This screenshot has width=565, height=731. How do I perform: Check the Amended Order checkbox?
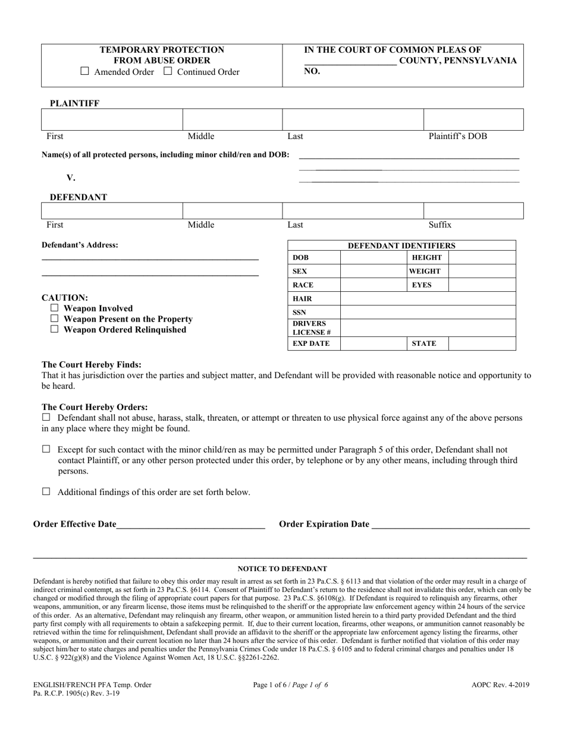coord(84,71)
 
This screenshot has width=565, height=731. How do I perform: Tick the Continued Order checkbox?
coord(168,71)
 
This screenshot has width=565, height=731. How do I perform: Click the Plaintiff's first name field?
coord(112,119)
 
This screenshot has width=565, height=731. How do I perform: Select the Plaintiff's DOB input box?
coord(473,119)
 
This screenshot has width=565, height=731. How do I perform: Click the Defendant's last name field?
coord(352,211)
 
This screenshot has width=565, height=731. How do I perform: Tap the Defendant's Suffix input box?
coord(473,211)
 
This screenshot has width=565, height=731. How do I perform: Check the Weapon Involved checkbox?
coord(55,308)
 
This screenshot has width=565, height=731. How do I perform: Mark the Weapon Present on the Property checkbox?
coord(55,319)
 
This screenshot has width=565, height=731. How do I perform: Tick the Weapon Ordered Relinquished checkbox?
coord(55,329)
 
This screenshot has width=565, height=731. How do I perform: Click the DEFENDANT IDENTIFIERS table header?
coord(401,245)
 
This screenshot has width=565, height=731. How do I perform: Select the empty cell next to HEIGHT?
coord(482,257)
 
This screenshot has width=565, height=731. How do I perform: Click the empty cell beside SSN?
coord(428,312)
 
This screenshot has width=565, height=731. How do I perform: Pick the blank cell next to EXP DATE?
coord(373,344)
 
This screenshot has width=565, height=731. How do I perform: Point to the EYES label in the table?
coord(422,285)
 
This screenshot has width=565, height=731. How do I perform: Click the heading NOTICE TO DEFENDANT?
coord(282,569)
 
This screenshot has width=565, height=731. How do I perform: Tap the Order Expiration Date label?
coord(324,524)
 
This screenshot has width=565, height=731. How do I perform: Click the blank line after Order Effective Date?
coord(190,524)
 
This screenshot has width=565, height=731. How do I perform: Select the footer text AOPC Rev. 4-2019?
coord(500,685)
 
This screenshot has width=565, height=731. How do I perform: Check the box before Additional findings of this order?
coord(46,491)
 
